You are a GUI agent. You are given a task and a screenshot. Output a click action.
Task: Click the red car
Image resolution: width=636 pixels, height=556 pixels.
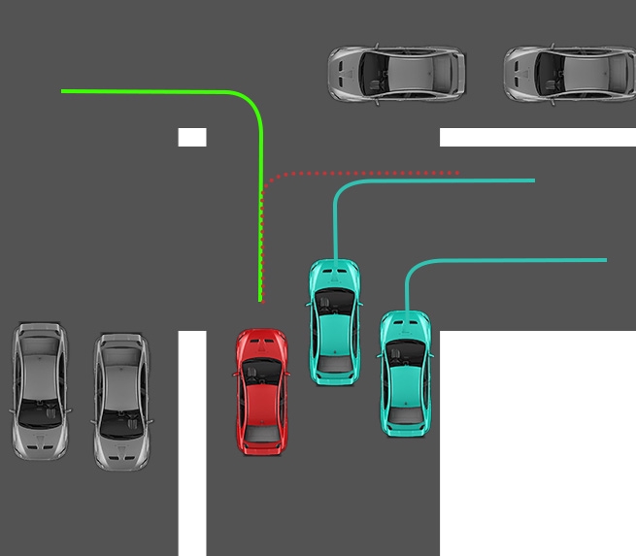261,391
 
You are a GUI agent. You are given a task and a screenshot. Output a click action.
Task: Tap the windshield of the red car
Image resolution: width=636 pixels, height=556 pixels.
262,370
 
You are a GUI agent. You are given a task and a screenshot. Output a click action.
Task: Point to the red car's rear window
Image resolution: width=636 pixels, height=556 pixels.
260,427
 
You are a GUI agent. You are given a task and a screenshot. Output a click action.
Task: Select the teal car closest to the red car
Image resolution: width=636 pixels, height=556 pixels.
333,321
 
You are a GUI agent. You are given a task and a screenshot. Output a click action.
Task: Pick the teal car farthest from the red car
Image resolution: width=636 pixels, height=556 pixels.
405,373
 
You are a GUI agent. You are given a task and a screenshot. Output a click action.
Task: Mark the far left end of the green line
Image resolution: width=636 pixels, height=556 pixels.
63,91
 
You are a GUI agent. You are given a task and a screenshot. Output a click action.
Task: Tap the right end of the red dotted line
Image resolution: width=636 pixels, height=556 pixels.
457,173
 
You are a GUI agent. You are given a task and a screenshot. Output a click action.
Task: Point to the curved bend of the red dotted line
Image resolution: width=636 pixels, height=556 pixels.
272,179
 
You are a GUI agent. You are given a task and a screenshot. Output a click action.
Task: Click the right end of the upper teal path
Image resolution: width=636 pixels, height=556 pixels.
533,180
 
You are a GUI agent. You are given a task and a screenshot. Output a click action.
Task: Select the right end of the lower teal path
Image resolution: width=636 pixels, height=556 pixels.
605,260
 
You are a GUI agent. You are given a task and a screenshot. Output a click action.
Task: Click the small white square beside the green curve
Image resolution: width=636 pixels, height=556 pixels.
192,137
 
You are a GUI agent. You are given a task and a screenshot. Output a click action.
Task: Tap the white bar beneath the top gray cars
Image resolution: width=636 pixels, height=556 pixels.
537,137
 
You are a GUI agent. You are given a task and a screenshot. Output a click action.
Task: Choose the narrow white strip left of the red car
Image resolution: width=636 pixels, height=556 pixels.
192,442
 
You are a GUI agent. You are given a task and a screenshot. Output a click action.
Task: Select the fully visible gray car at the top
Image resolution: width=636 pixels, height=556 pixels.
397,73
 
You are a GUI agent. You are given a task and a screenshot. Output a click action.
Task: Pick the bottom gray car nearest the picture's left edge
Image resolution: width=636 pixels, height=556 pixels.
41,391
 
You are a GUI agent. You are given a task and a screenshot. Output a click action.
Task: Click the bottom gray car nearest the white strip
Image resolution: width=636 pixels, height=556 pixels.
121,401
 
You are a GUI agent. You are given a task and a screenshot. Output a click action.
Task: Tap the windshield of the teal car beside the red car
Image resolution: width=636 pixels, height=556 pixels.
333,302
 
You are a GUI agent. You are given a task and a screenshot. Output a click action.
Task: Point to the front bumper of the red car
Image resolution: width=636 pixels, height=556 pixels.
262,335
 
